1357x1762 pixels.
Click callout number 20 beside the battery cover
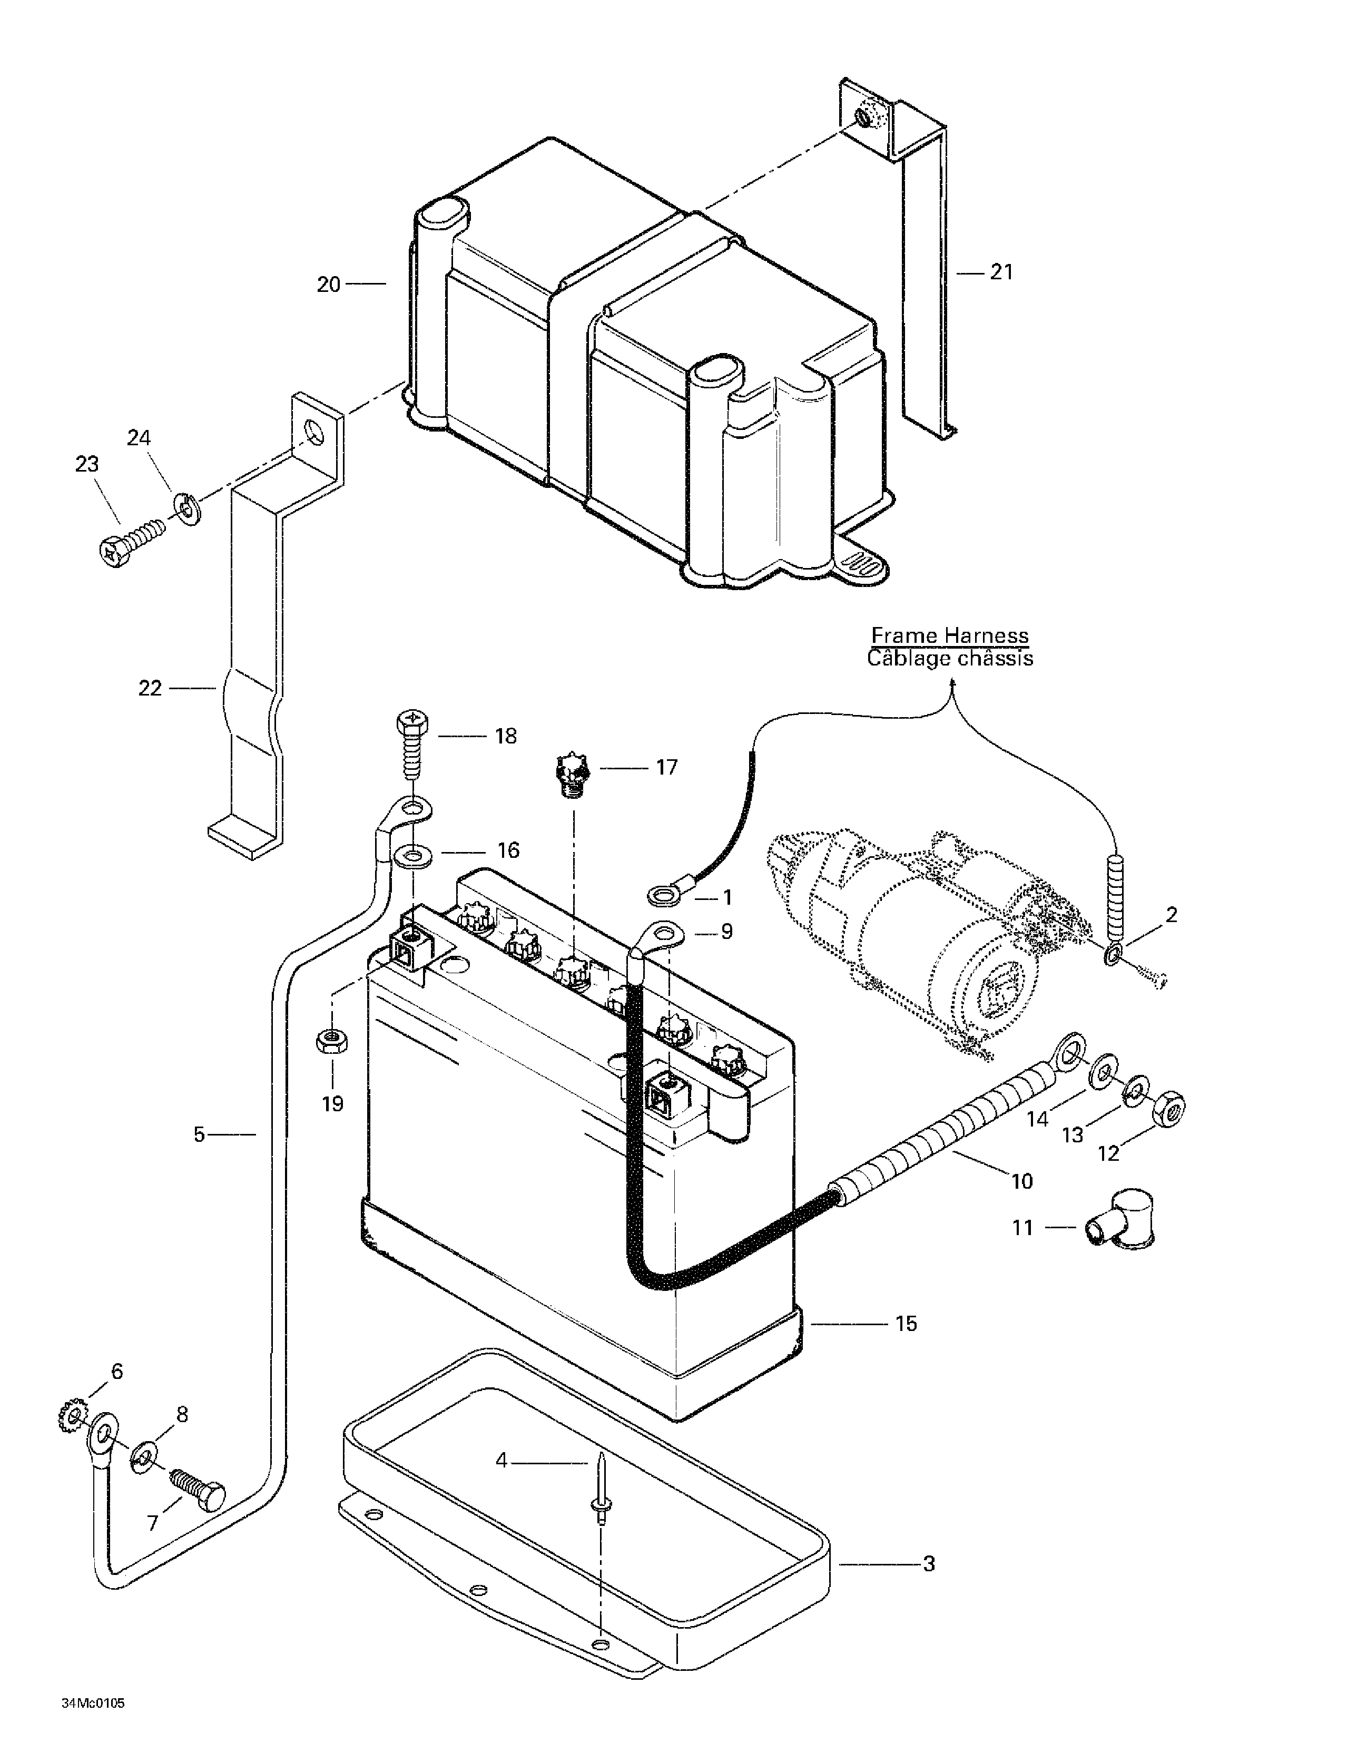[328, 284]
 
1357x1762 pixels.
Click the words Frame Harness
[950, 636]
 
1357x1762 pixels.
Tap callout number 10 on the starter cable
[1021, 1181]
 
